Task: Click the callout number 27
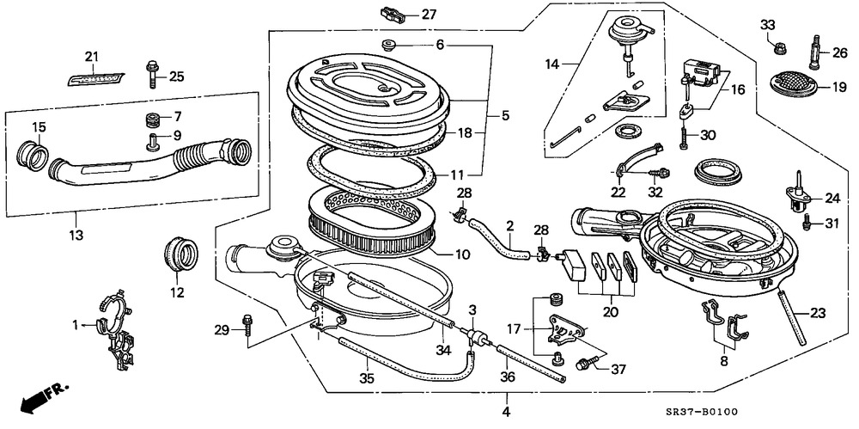(x=429, y=15)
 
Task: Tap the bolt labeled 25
(x=152, y=75)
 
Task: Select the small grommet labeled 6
(x=390, y=45)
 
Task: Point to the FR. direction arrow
(x=44, y=398)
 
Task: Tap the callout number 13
(x=76, y=236)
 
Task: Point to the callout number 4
(x=506, y=412)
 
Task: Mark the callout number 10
(x=463, y=254)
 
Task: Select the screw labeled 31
(x=807, y=223)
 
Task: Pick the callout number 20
(x=610, y=313)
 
